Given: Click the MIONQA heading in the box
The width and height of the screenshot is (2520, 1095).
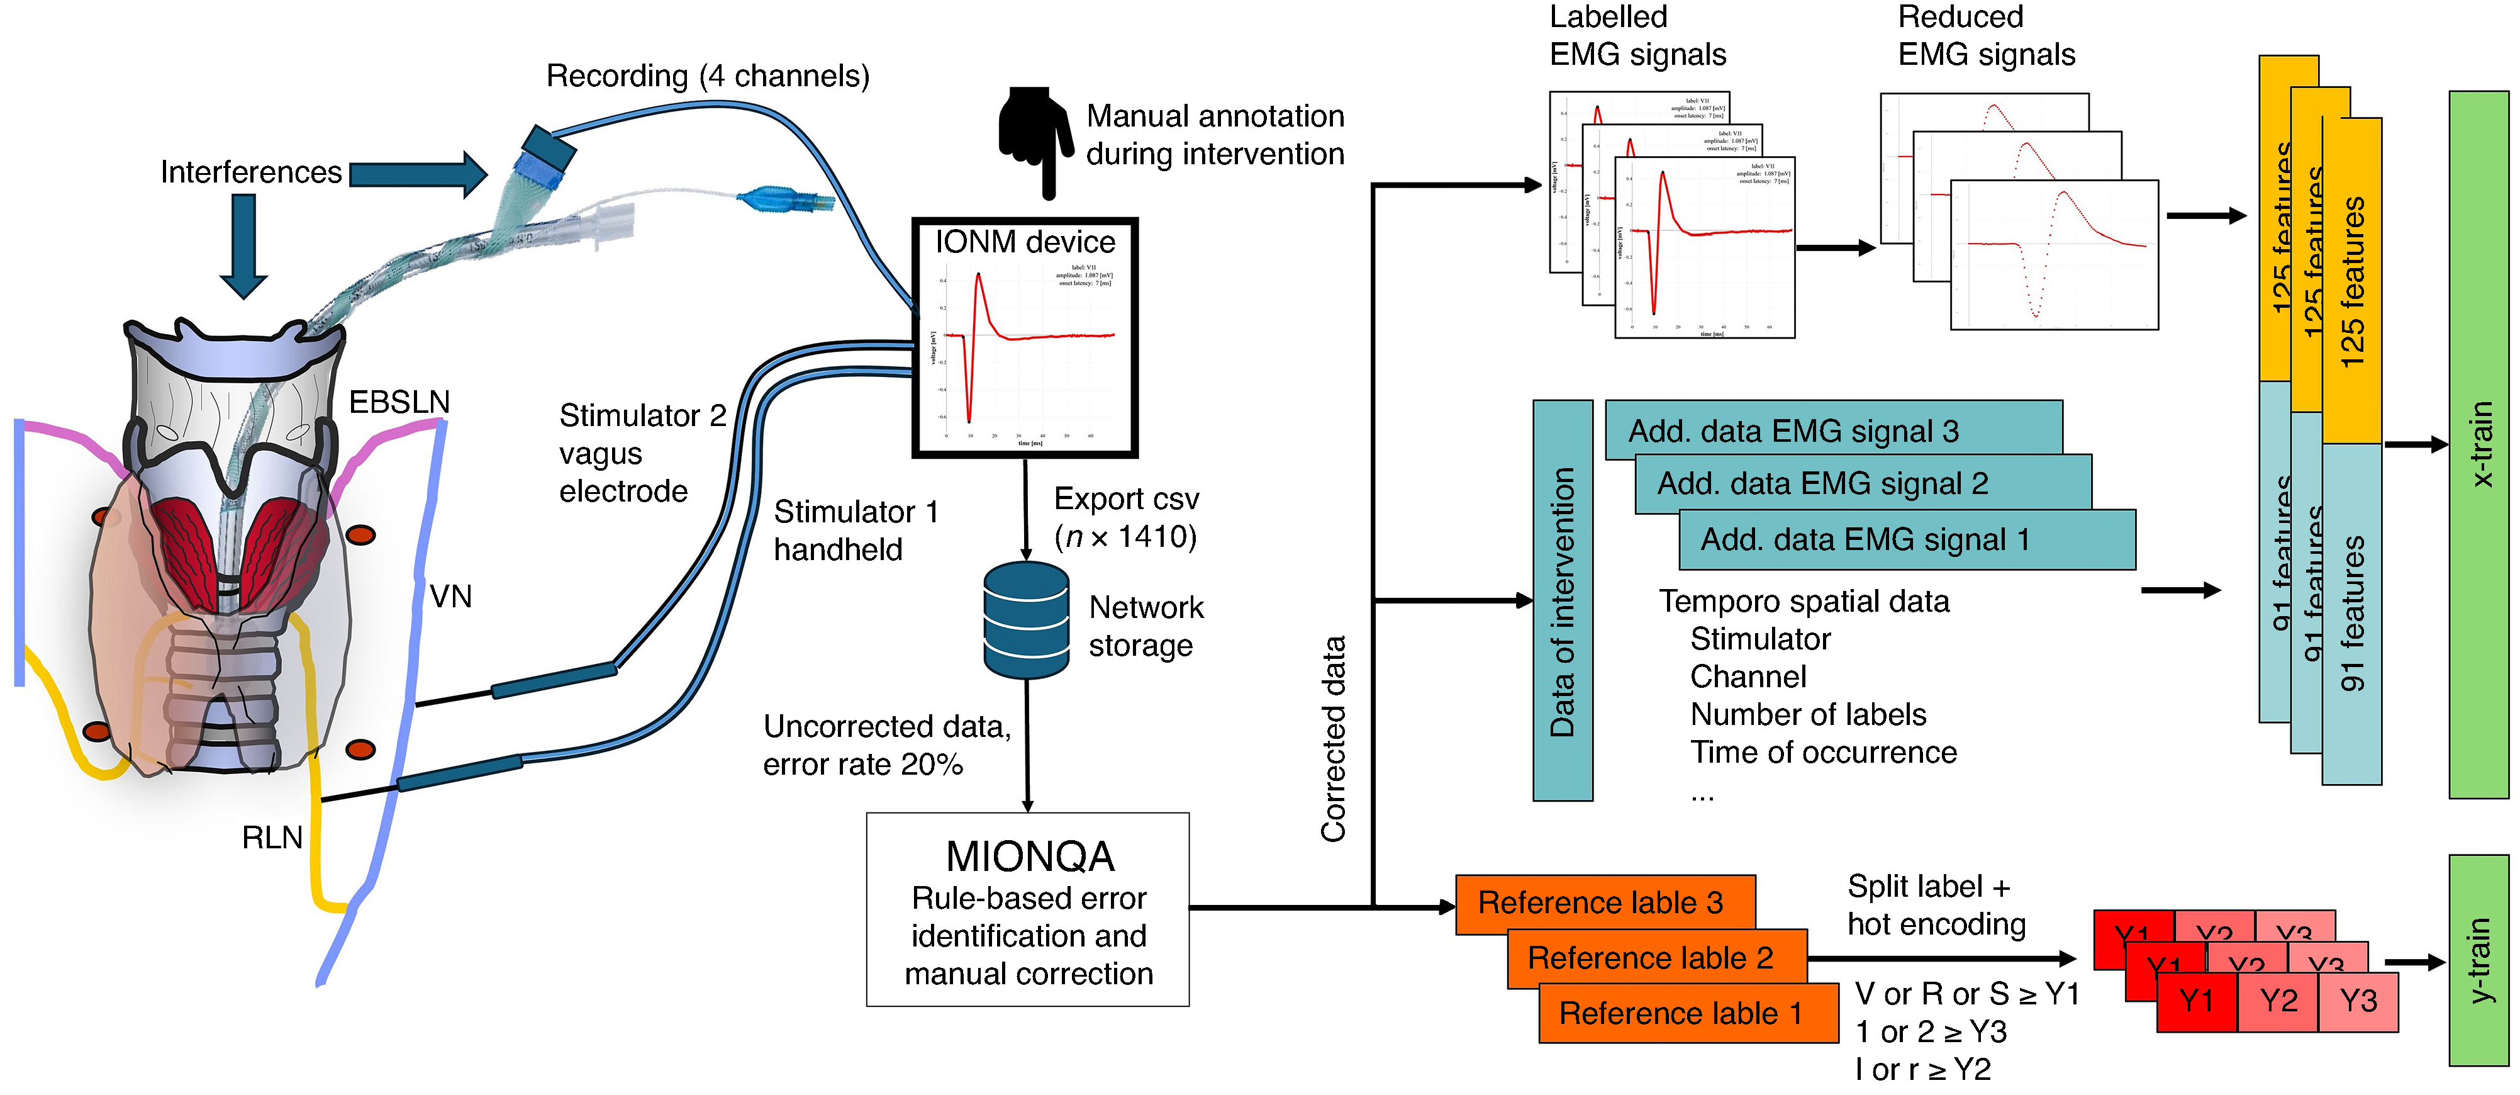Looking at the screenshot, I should tap(1029, 856).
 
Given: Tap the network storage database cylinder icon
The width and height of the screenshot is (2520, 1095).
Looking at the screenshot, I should tap(1025, 621).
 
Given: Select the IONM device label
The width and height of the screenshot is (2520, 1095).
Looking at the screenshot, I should tap(1024, 242).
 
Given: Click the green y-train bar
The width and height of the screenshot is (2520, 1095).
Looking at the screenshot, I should tap(2478, 960).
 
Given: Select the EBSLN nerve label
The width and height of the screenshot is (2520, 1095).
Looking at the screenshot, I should tap(399, 402).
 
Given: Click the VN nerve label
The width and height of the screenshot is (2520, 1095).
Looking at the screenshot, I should tap(451, 596).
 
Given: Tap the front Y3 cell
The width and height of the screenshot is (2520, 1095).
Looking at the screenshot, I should tap(2358, 1001).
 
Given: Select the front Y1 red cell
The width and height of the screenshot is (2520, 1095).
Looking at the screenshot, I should tap(2196, 1001).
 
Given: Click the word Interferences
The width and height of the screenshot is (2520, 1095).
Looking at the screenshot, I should tap(250, 172).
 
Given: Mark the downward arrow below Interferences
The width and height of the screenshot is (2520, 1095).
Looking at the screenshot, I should tap(243, 245).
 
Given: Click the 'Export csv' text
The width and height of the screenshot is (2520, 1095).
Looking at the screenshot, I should tap(1126, 499).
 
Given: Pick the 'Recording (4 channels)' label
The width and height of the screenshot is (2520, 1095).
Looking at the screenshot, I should tap(707, 76).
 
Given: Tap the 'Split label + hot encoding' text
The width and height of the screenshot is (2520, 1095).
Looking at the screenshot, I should tap(1935, 905).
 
